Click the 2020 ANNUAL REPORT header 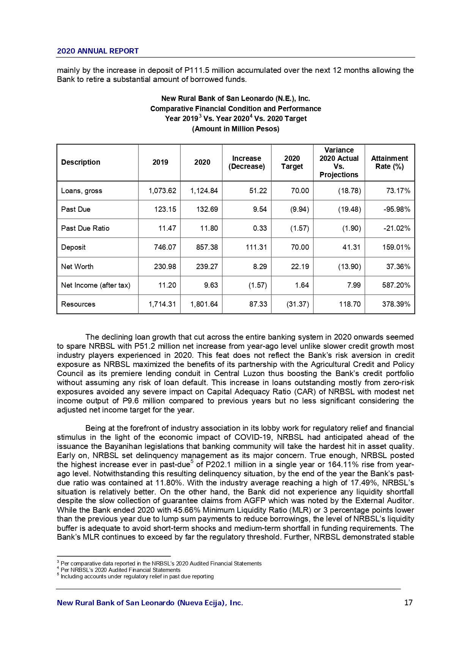pyautogui.click(x=98, y=51)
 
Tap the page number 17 pyautogui.click(x=408, y=603)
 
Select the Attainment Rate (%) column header pyautogui.click(x=389, y=162)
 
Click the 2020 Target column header pyautogui.click(x=292, y=162)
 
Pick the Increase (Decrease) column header pyautogui.click(x=247, y=162)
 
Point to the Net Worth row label pyautogui.click(x=77, y=266)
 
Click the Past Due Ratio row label pyautogui.click(x=85, y=228)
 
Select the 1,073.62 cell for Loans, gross pyautogui.click(x=162, y=191)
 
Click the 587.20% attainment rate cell pyautogui.click(x=396, y=285)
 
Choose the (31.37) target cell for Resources pyautogui.click(x=298, y=304)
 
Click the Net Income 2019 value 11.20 pyautogui.click(x=167, y=285)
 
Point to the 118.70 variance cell pyautogui.click(x=350, y=304)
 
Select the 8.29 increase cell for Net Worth pyautogui.click(x=260, y=266)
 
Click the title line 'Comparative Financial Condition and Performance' pyautogui.click(x=235, y=109)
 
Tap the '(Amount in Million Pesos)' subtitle pyautogui.click(x=235, y=129)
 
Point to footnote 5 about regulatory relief pyautogui.click(x=137, y=576)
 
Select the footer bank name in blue pyautogui.click(x=150, y=603)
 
